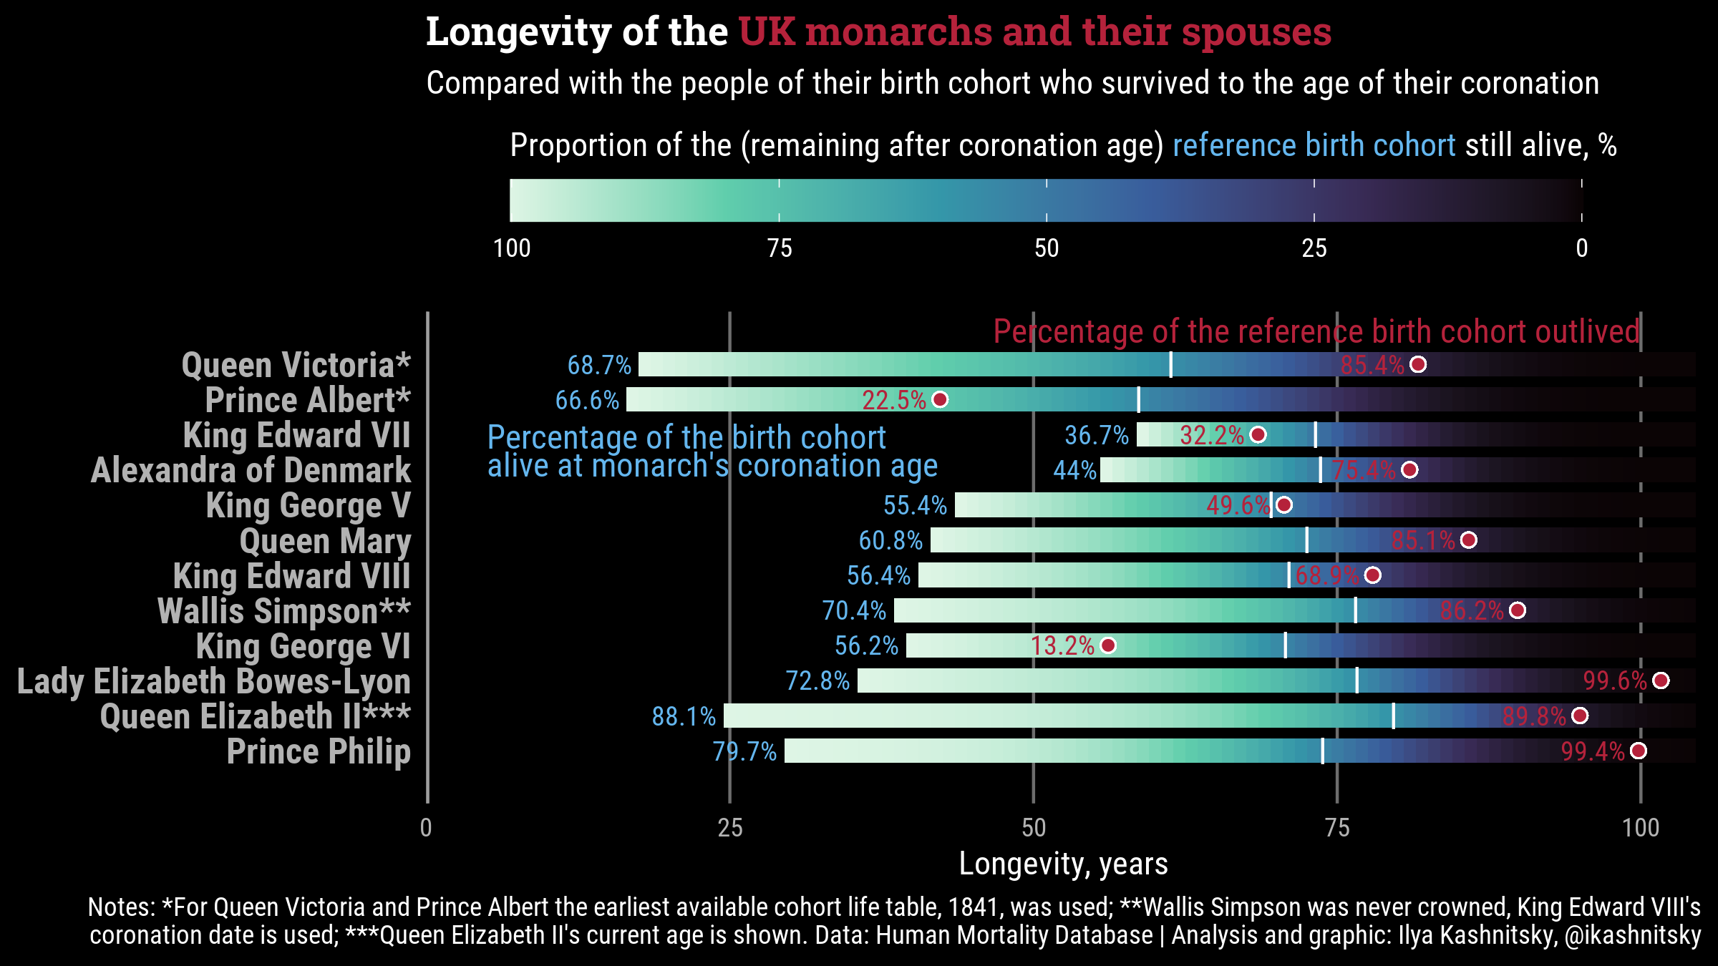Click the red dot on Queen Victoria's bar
coord(1417,365)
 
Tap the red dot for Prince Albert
coord(940,399)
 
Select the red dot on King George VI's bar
coord(1107,645)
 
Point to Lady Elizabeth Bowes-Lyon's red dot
coord(1661,680)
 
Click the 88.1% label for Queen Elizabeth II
coord(684,716)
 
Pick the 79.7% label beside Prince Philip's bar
coord(744,751)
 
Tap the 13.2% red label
coord(1062,646)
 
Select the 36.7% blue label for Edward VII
coord(1097,435)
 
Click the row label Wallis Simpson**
coord(284,611)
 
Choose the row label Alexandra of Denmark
coord(251,470)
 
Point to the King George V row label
coord(309,505)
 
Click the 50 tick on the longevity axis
coord(1034,828)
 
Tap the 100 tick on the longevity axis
coord(1641,828)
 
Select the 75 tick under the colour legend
coord(780,248)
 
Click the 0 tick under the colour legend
coord(1582,248)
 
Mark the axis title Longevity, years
coord(1063,864)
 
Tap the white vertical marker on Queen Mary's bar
coord(1306,540)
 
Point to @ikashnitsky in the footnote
coord(1633,935)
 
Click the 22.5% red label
coord(894,400)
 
